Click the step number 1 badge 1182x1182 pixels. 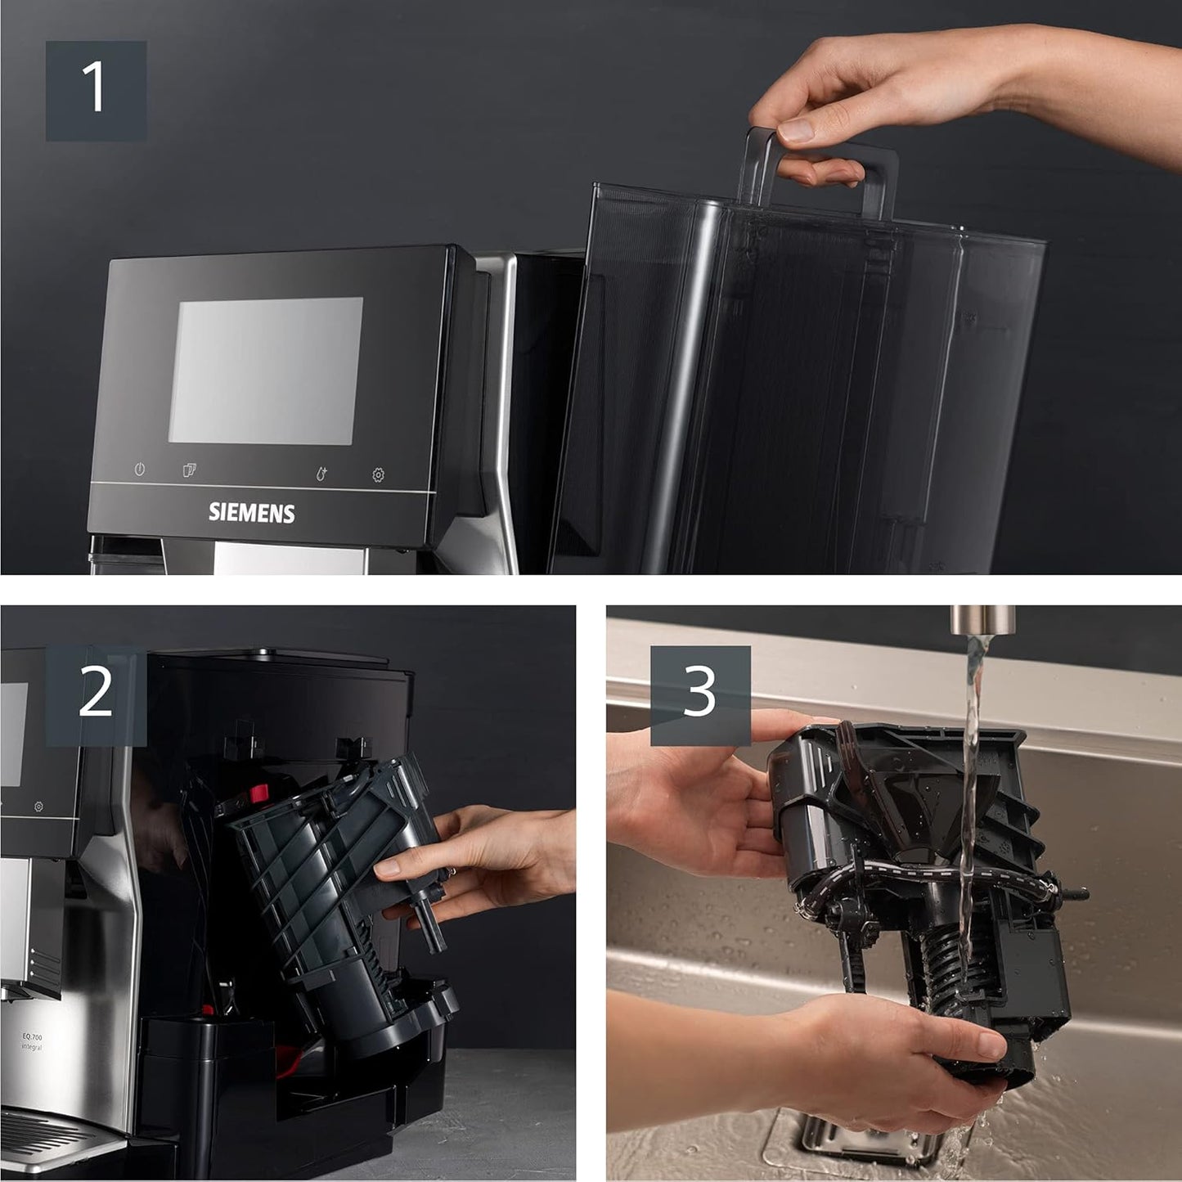(96, 90)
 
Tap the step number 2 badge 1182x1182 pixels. (96, 694)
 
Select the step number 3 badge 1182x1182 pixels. (700, 694)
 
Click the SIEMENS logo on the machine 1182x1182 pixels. (251, 513)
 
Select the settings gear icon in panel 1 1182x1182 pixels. (378, 474)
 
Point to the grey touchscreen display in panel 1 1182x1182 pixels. (265, 371)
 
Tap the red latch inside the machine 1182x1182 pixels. (259, 793)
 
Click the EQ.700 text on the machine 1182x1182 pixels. (31, 1036)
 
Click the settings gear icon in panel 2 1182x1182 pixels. (38, 807)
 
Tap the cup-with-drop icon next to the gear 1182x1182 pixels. (321, 474)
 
